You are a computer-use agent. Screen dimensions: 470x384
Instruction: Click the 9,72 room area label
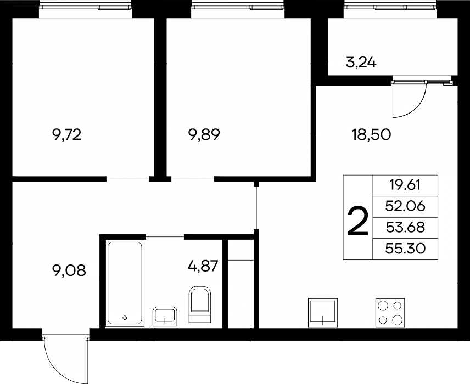[66, 135]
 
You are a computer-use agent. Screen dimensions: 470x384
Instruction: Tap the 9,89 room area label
[204, 135]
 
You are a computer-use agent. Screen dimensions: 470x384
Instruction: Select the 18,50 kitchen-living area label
[371, 135]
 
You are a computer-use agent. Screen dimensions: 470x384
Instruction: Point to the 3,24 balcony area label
[361, 63]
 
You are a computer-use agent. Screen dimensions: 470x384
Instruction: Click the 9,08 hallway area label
[69, 271]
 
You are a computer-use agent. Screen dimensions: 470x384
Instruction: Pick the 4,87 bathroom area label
[203, 266]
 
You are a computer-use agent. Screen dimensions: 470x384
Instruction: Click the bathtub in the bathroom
[125, 283]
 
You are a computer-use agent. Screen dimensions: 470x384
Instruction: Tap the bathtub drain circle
[125, 318]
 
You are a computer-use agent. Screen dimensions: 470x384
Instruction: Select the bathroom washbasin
[165, 317]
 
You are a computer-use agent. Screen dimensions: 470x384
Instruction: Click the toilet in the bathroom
[200, 304]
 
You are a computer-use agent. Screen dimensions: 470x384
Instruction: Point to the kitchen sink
[323, 313]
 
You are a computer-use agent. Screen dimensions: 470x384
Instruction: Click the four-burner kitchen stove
[390, 313]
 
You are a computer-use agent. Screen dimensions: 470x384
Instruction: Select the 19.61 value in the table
[405, 185]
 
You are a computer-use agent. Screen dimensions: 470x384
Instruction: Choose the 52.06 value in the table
[405, 206]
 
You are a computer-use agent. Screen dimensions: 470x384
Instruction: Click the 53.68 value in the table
[405, 227]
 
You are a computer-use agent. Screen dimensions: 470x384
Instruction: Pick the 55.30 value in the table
[405, 249]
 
